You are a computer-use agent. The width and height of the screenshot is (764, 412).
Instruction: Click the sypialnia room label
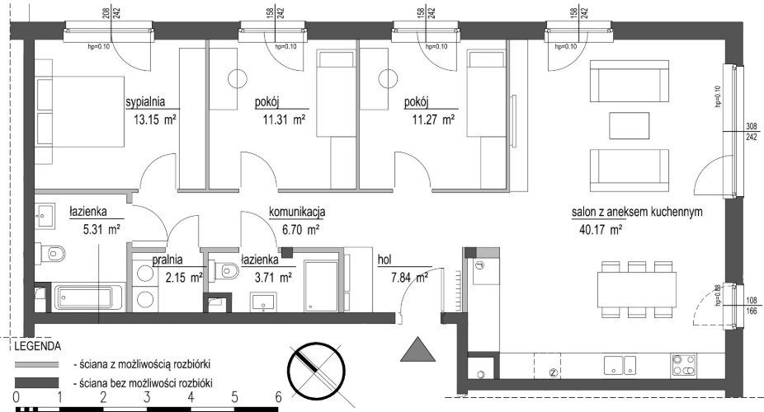click(x=145, y=102)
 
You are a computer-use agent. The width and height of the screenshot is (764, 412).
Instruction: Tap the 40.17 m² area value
click(x=601, y=230)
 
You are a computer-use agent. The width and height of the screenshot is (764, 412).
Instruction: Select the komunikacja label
click(x=297, y=212)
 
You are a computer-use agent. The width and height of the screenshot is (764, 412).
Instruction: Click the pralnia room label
click(x=167, y=260)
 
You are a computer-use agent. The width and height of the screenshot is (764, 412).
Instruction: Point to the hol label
click(x=384, y=260)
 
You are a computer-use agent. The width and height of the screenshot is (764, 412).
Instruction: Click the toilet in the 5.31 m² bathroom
click(x=53, y=253)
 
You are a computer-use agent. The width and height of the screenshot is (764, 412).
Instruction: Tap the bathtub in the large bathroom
click(x=89, y=298)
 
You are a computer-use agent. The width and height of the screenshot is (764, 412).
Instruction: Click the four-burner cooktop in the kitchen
click(x=684, y=365)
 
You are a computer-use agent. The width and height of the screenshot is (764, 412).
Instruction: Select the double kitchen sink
click(x=620, y=365)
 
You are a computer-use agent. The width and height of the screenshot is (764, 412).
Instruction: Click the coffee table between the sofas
click(x=629, y=125)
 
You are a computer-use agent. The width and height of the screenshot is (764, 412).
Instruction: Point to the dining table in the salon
click(x=637, y=288)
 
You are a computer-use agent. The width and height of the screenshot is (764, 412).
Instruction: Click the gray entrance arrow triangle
click(x=417, y=349)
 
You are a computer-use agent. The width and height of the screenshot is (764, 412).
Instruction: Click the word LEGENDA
click(x=38, y=347)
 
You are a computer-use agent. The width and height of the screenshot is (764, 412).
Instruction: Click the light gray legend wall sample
click(x=36, y=364)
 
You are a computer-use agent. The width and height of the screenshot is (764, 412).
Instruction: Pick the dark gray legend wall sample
click(x=36, y=382)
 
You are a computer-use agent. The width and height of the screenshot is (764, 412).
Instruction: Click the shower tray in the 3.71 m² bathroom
click(x=321, y=286)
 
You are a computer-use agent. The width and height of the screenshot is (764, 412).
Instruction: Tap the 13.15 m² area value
click(x=155, y=119)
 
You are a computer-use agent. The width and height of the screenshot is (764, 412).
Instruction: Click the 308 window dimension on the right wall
click(x=752, y=126)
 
